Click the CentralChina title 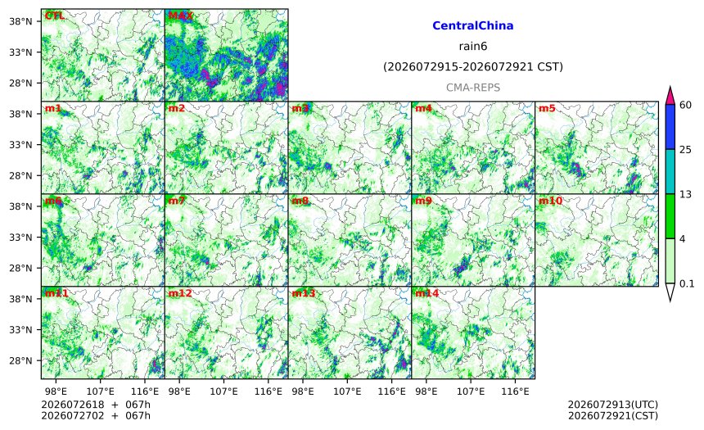[x=473, y=25]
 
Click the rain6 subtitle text [x=473, y=47]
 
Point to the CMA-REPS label [x=473, y=88]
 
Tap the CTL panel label [x=55, y=16]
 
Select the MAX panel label [x=180, y=16]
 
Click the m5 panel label [x=547, y=108]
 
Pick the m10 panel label [x=550, y=201]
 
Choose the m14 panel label [x=426, y=293]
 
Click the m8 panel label [x=300, y=201]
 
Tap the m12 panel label [x=179, y=293]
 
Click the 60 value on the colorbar [x=686, y=105]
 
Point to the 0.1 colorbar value [x=687, y=283]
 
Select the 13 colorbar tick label [x=686, y=194]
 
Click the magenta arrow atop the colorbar [x=670, y=96]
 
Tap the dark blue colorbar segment [x=670, y=127]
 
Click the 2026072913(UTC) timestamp [x=613, y=405]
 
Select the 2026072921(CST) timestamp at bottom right [x=613, y=415]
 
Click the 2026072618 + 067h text [x=96, y=405]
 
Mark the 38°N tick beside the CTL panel [x=20, y=21]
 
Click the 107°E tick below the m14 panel [x=471, y=392]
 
